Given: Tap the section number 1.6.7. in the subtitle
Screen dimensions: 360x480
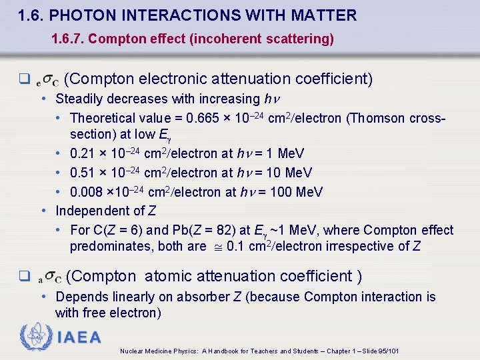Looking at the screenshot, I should [67, 39].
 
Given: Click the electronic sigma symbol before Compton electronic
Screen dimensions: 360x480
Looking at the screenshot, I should [47, 81].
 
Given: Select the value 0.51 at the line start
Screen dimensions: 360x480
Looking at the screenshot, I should [81, 173].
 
